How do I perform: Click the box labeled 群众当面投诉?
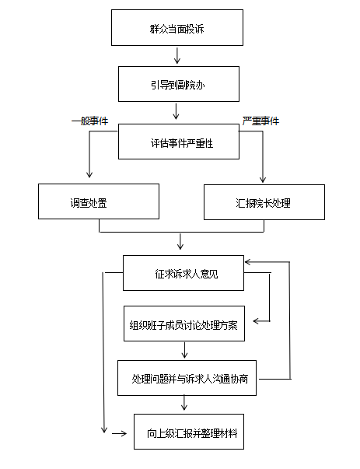(x=177, y=27)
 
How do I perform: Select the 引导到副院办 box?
(x=179, y=84)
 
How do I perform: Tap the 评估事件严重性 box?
(x=179, y=142)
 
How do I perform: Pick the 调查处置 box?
(x=99, y=201)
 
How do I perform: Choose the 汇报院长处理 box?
(x=264, y=202)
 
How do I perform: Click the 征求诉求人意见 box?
(x=183, y=273)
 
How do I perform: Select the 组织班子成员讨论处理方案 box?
(x=184, y=324)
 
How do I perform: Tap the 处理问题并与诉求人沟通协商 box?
(x=187, y=378)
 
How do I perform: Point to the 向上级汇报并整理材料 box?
(x=189, y=432)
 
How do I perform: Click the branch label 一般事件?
(x=89, y=121)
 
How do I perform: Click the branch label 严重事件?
(x=260, y=121)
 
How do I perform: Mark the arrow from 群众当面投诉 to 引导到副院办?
(x=177, y=56)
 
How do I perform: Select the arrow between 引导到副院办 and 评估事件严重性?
(x=177, y=111)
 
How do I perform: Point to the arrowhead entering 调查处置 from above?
(x=89, y=175)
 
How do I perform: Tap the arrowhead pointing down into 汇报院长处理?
(x=263, y=179)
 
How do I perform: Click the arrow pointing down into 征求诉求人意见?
(x=180, y=242)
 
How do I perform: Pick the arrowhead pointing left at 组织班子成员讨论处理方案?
(x=257, y=321)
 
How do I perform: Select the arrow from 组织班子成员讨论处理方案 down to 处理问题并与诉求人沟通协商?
(x=184, y=350)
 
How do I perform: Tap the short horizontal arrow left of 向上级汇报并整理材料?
(x=119, y=433)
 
